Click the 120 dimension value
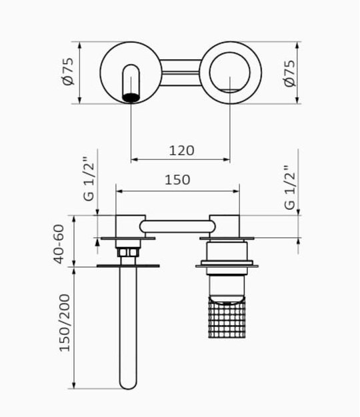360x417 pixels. coord(182,151)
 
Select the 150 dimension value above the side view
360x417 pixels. coord(177,180)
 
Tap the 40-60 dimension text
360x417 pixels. coord(59,244)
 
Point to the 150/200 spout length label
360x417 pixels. coord(64,322)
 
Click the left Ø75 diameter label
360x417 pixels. coord(68,71)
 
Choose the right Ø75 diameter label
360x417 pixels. coord(290,73)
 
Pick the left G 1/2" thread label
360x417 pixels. coord(89,179)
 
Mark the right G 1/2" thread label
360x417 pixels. coord(290,188)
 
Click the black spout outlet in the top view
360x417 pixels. coord(131,97)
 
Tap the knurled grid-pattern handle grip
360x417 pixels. coord(227,318)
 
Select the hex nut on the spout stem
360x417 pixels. coord(128,252)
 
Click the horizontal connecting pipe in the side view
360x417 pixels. coord(177,227)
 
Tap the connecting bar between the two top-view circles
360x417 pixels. coord(181,73)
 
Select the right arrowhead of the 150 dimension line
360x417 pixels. coord(236,191)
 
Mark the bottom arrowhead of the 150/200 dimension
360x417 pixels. coord(74,385)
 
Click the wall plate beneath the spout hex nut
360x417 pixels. coord(128,266)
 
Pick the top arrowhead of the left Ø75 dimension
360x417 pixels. coord(79,45)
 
